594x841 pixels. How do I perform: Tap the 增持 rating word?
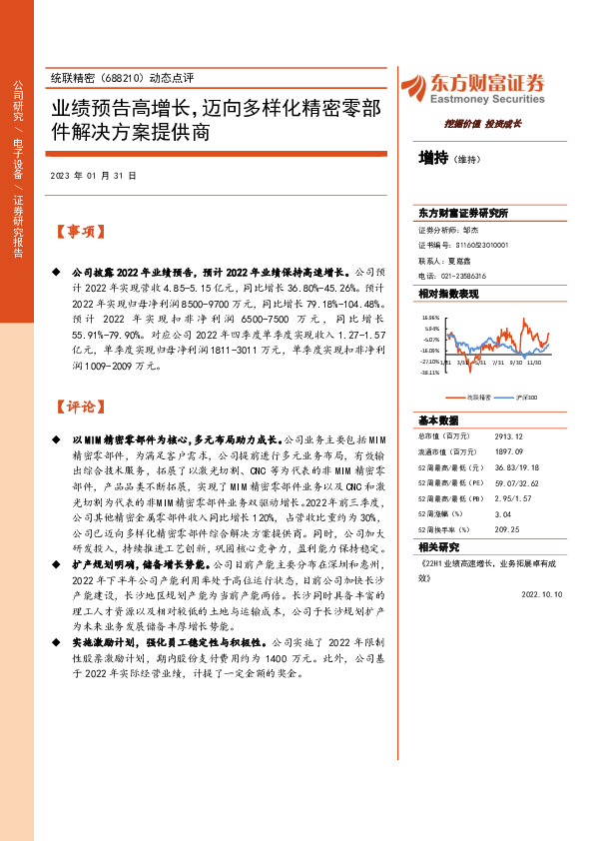[433, 157]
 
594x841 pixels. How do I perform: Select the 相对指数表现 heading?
[448, 294]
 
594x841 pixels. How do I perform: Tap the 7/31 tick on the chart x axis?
[496, 363]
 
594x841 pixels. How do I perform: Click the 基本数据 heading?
[438, 420]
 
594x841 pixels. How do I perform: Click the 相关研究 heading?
[438, 546]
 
